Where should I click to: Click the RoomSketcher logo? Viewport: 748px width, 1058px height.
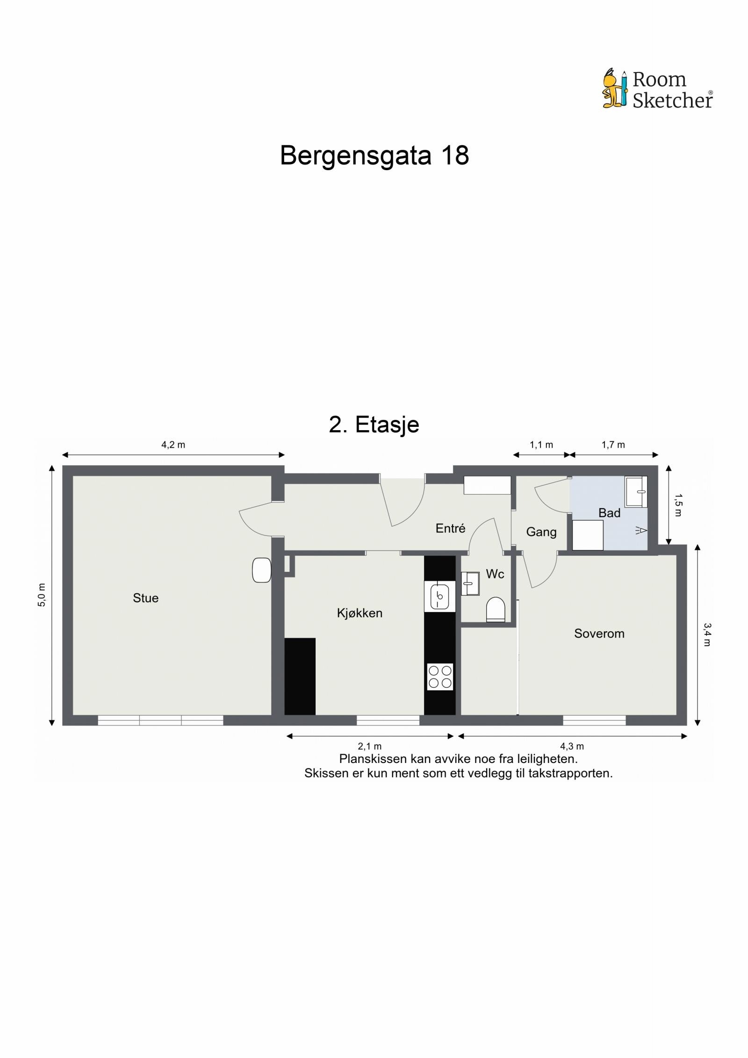point(657,89)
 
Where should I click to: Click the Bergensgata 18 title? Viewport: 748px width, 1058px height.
point(374,155)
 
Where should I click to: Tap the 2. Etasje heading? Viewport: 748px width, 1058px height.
point(374,425)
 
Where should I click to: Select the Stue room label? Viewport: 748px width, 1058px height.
point(145,598)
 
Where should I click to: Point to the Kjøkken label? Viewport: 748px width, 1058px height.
point(360,613)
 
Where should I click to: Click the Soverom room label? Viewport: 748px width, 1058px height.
point(599,633)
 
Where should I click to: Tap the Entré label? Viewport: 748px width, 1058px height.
point(450,528)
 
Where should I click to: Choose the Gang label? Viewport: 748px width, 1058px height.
point(541,532)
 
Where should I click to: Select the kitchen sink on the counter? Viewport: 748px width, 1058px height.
point(439,596)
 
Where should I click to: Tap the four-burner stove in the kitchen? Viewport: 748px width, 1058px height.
point(440,677)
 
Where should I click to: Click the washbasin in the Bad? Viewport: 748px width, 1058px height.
point(636,491)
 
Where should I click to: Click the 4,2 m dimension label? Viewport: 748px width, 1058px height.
point(173,445)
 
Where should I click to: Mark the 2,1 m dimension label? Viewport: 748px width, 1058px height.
point(369,747)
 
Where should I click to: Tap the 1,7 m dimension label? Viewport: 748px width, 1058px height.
point(613,445)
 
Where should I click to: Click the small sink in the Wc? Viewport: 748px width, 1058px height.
point(470,583)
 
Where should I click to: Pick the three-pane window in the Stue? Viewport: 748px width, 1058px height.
point(160,720)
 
